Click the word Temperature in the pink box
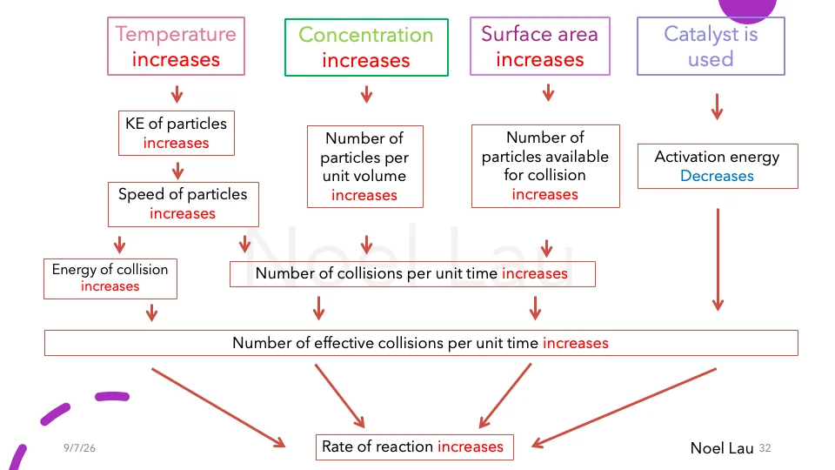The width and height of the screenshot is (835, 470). click(x=176, y=35)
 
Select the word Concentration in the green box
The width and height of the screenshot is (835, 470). click(x=366, y=35)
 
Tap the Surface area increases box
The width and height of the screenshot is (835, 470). click(x=540, y=46)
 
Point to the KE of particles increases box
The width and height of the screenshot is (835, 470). click(x=177, y=133)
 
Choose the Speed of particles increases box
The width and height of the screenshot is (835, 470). click(x=184, y=205)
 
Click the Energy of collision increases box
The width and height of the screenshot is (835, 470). click(x=110, y=279)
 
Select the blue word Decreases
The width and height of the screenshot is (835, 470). click(x=717, y=176)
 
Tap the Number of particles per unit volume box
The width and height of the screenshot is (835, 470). click(x=365, y=167)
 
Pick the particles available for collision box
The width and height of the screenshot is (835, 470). click(x=546, y=166)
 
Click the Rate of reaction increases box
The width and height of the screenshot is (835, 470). click(x=414, y=447)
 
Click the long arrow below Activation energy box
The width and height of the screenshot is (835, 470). click(x=718, y=259)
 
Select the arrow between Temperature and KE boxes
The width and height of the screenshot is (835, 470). click(x=177, y=94)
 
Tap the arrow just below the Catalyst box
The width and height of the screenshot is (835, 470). click(x=718, y=106)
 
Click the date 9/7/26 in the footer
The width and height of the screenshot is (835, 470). click(x=79, y=448)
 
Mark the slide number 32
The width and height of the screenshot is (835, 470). click(x=765, y=448)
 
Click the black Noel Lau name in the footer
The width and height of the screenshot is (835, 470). click(x=722, y=448)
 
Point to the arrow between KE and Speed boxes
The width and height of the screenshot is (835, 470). click(x=177, y=171)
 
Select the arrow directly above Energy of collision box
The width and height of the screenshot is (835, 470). click(x=120, y=245)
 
